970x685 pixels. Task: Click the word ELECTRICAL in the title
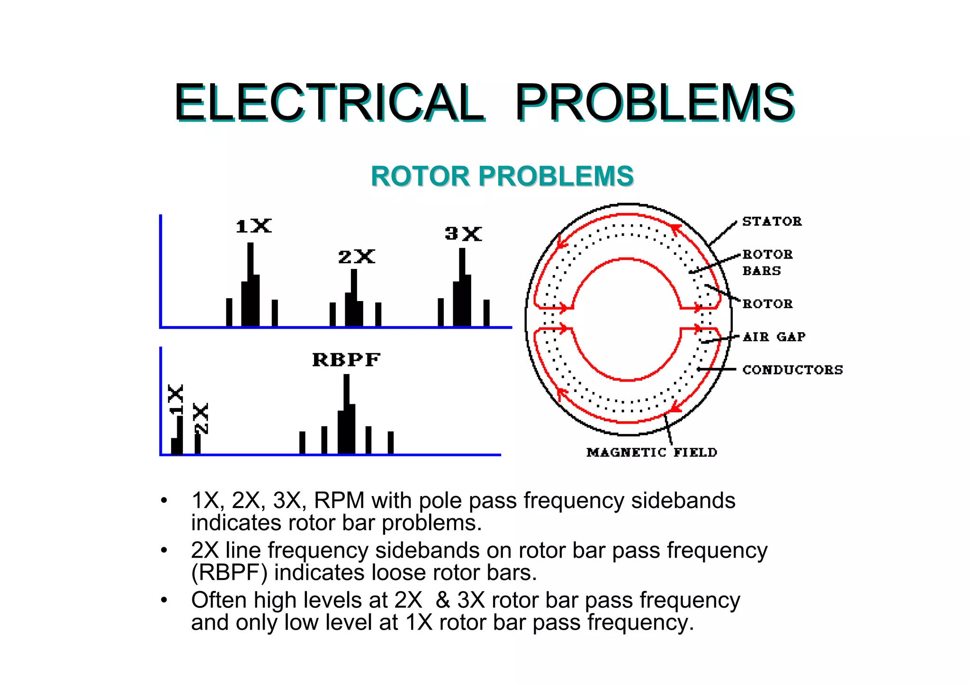pyautogui.click(x=328, y=103)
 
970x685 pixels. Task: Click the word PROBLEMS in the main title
pyautogui.click(x=654, y=103)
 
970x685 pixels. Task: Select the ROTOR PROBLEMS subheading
pyautogui.click(x=502, y=176)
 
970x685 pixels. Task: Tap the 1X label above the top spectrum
pyautogui.click(x=254, y=226)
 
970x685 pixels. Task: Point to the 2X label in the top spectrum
pyautogui.click(x=357, y=257)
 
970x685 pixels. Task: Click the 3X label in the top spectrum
pyautogui.click(x=463, y=234)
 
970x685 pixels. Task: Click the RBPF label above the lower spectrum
pyautogui.click(x=346, y=360)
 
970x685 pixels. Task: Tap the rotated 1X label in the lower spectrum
pyautogui.click(x=176, y=400)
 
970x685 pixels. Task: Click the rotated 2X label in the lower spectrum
pyautogui.click(x=201, y=418)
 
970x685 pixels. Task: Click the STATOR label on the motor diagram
pyautogui.click(x=772, y=222)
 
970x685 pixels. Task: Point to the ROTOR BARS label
pyautogui.click(x=767, y=262)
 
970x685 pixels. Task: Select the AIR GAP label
pyautogui.click(x=774, y=337)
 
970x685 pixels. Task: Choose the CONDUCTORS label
pyautogui.click(x=792, y=370)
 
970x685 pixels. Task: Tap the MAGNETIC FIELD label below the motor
pyautogui.click(x=652, y=453)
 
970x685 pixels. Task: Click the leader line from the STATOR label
pyautogui.click(x=723, y=233)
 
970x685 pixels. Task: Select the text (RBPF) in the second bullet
pyautogui.click(x=229, y=573)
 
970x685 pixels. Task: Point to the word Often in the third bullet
pyautogui.click(x=219, y=600)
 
